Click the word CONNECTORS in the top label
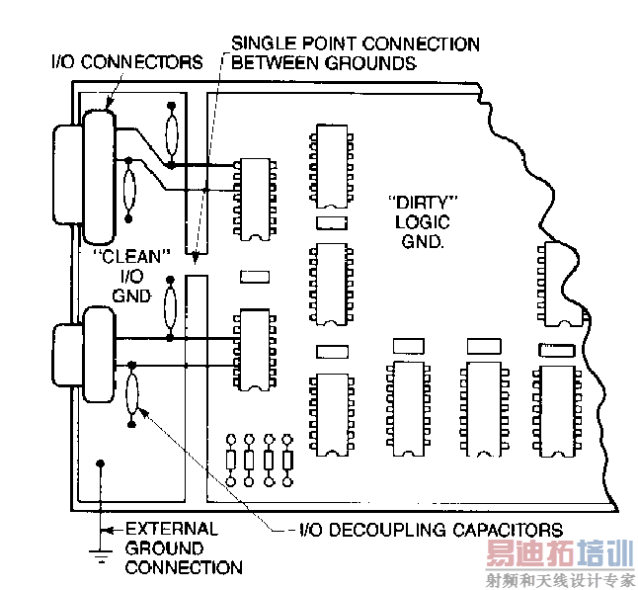142,62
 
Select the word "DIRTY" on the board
423,203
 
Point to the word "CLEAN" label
131,257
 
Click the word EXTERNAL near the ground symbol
172,529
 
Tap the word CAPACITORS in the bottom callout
508,530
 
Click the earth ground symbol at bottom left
101,555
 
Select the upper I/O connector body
99,177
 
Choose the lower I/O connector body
99,355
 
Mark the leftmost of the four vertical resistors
231,461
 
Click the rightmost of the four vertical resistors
287,461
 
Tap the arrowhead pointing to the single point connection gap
196,258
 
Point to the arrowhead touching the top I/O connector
109,105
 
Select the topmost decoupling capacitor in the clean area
172,134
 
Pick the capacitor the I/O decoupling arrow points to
131,393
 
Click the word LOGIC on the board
423,222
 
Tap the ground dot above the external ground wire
101,464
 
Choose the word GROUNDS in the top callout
370,62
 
